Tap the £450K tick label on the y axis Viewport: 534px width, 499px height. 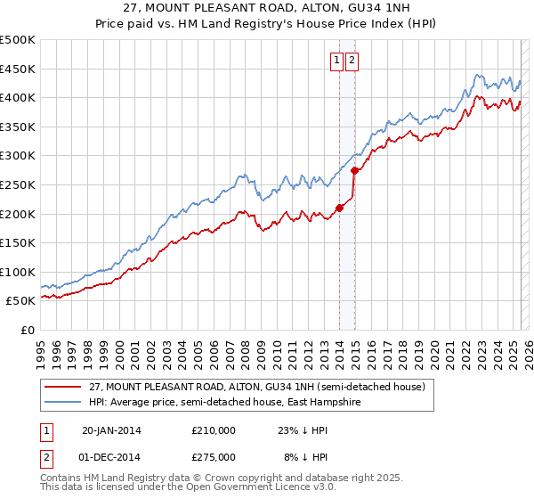[x=18, y=69]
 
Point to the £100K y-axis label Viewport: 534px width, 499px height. [x=18, y=272]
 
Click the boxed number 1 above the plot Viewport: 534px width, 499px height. [x=338, y=61]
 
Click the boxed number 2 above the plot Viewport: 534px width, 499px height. [x=352, y=61]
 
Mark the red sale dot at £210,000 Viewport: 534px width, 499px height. [x=339, y=209]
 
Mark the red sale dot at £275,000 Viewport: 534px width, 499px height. [x=354, y=170]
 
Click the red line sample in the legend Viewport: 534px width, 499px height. [x=61, y=387]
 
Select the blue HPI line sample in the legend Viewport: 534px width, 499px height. [x=61, y=402]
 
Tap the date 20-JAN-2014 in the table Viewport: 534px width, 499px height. [x=111, y=429]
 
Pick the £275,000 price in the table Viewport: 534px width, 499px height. [x=214, y=456]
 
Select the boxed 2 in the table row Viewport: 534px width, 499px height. [x=45, y=456]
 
